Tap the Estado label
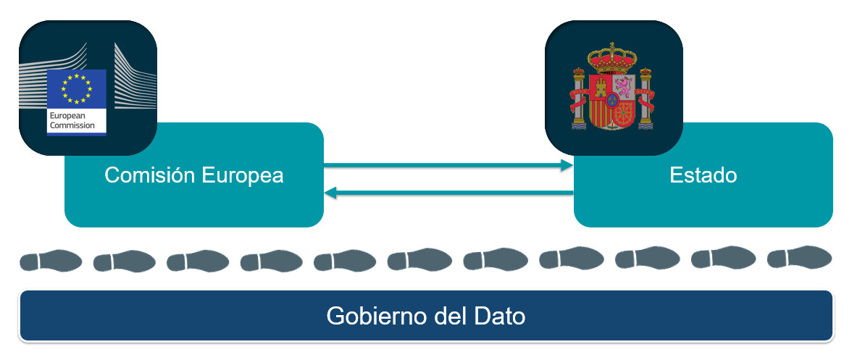coord(703,175)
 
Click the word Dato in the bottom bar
coord(499,317)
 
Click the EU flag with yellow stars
coord(76,88)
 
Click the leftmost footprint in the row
coord(50,260)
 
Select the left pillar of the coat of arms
coord(578,98)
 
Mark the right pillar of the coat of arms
coord(646,98)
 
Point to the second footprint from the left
coord(124,260)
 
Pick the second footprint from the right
coord(723,258)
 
